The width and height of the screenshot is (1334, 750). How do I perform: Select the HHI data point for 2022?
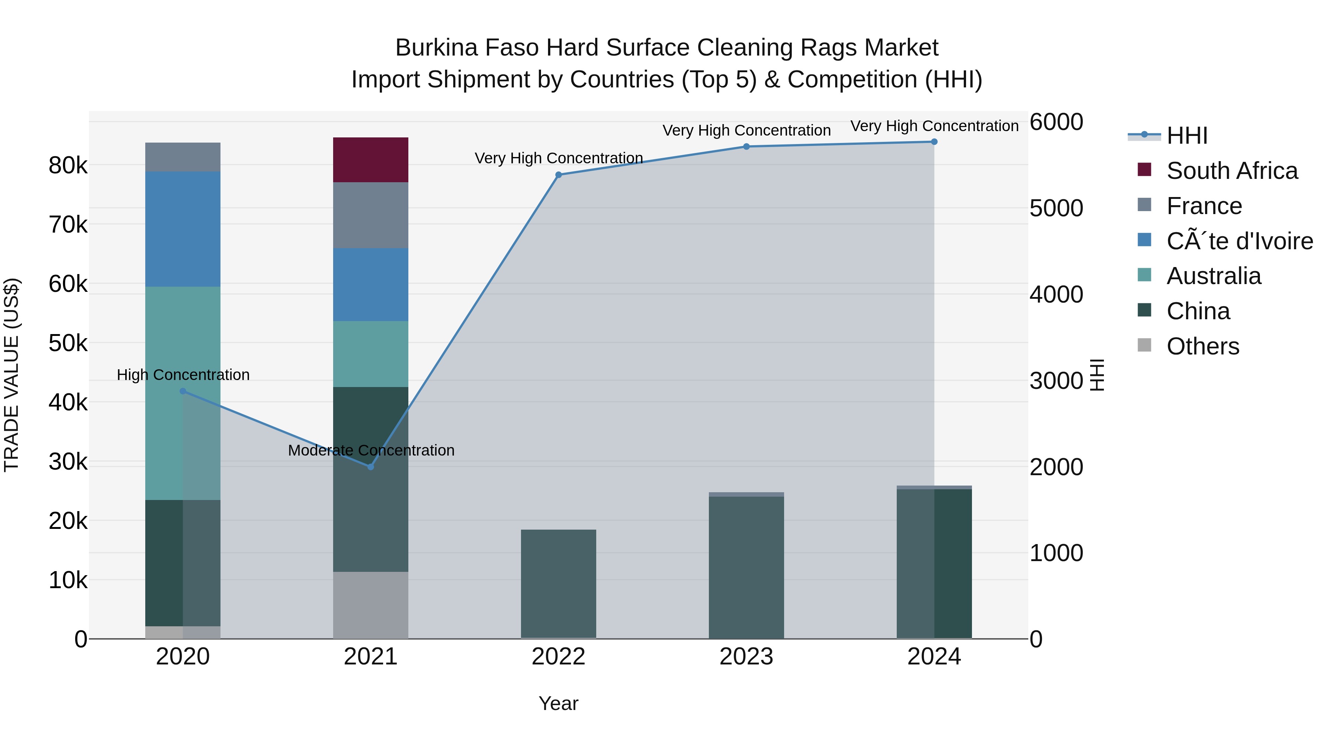[x=558, y=175]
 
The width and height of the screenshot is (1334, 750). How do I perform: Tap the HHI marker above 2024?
[x=934, y=142]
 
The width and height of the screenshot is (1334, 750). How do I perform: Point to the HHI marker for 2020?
[x=183, y=391]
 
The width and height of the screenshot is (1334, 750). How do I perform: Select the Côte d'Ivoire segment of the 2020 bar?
[x=183, y=229]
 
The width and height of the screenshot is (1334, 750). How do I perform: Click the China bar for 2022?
[x=558, y=584]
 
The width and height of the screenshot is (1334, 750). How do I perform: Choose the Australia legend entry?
[x=1213, y=276]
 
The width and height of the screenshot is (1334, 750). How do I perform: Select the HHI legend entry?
[x=1187, y=136]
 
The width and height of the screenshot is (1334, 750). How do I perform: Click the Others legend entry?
[x=1202, y=346]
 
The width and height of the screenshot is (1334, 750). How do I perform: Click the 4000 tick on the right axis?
[x=1056, y=294]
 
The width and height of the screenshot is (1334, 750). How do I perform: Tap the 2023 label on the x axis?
[x=746, y=657]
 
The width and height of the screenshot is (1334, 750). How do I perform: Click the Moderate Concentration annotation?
[x=371, y=450]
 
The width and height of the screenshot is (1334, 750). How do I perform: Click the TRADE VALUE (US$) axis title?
[x=11, y=375]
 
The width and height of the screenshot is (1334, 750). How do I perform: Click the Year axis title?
[x=558, y=703]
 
